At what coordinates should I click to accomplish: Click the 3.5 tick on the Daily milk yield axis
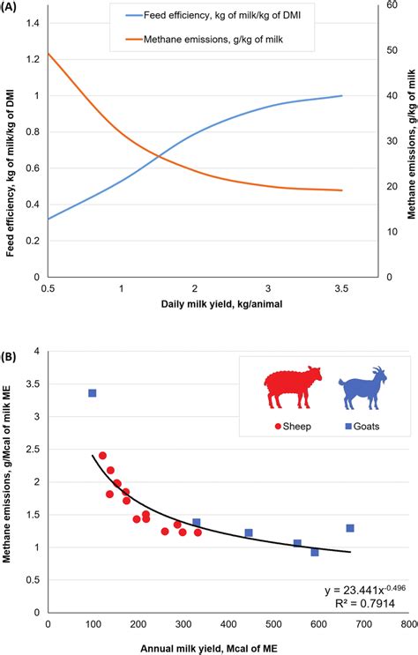click(x=341, y=288)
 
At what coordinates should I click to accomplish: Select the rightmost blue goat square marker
click(x=350, y=528)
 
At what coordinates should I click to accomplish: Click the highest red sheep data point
click(x=102, y=456)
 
